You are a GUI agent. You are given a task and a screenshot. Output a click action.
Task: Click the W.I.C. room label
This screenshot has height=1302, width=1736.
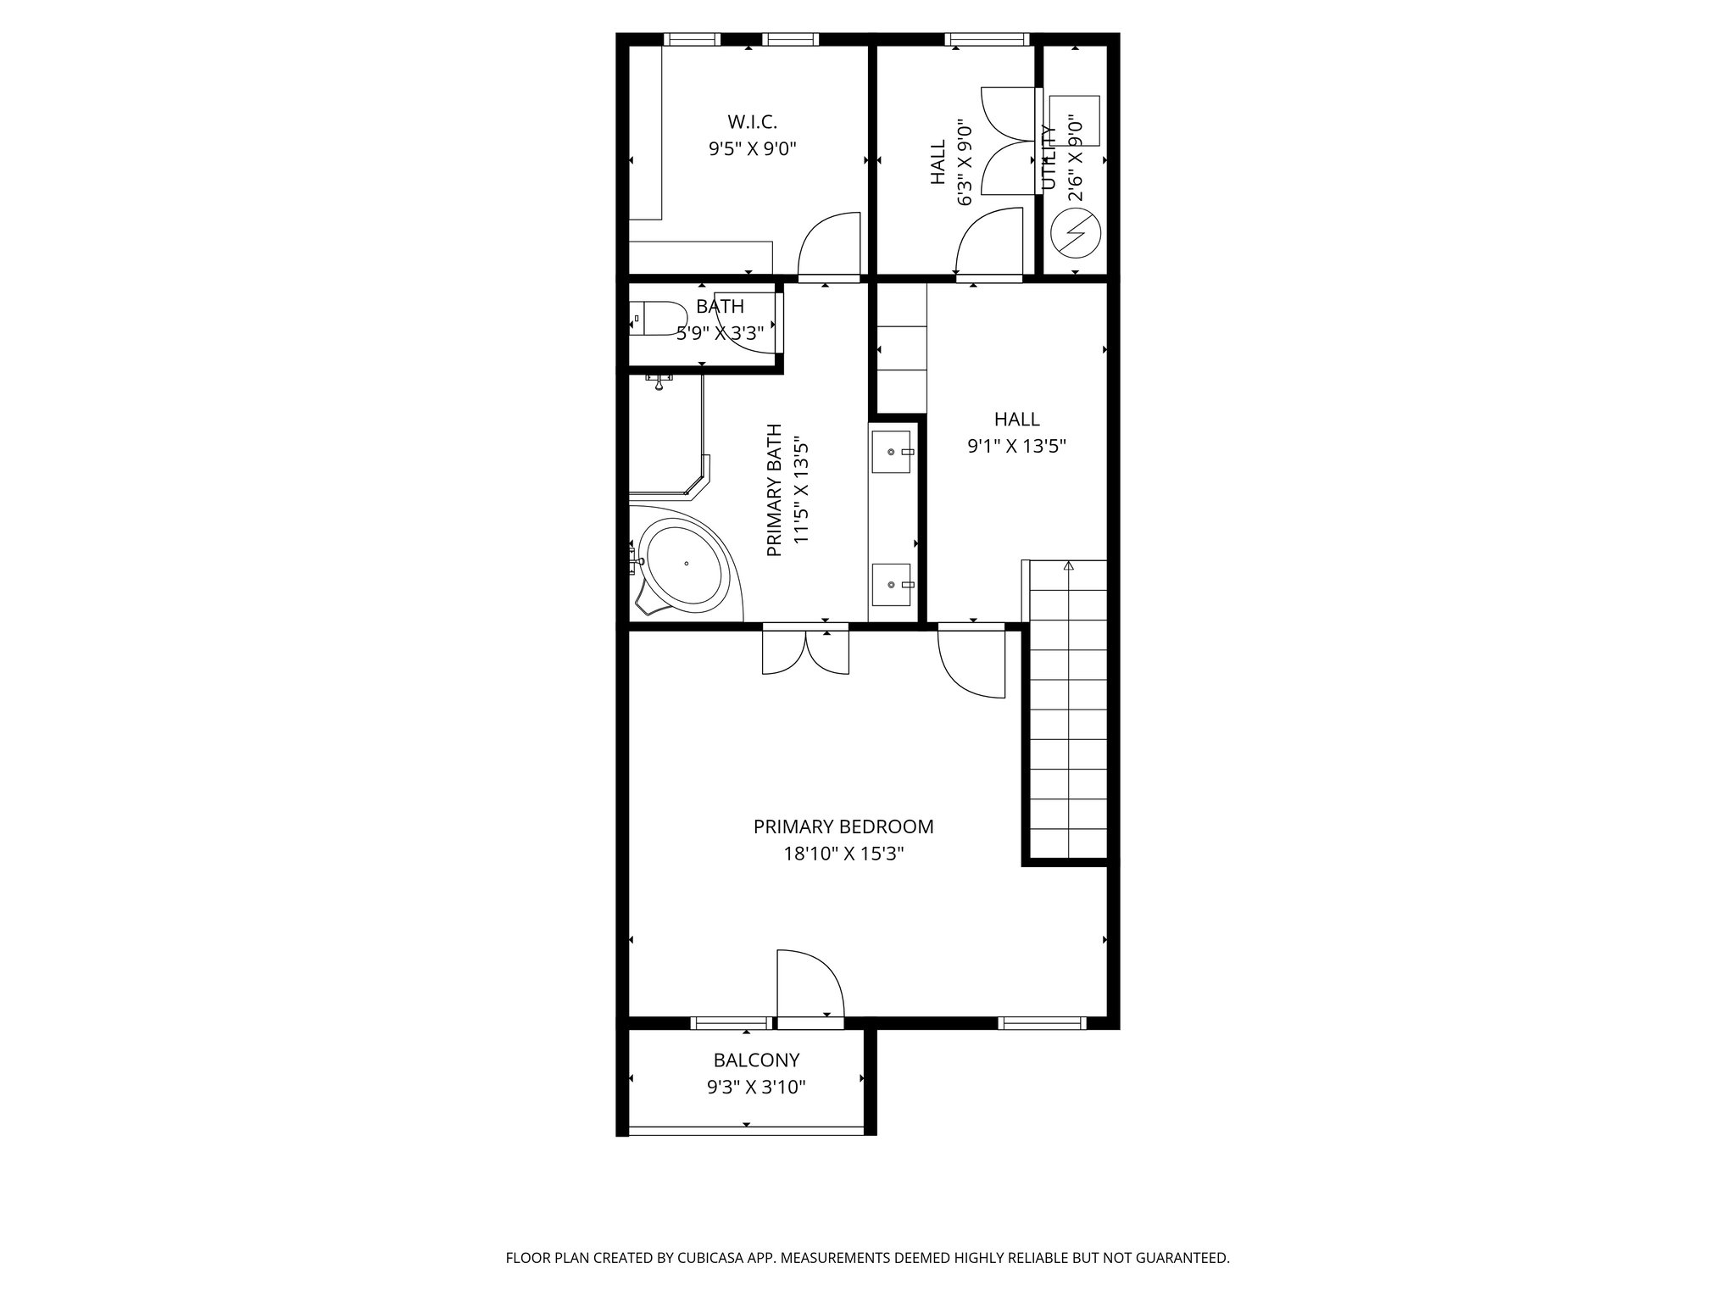coord(752,122)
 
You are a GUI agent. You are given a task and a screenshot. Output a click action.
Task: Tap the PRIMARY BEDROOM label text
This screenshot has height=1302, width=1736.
coord(843,826)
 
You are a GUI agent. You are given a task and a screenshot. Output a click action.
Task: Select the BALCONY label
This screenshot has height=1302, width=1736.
coord(756,1060)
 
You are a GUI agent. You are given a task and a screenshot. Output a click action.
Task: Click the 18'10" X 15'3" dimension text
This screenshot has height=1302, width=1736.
coord(843,854)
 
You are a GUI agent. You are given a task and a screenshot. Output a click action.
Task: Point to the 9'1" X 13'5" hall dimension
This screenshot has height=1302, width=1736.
coord(1016,446)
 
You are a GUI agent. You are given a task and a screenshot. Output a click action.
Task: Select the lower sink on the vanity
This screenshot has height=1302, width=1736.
coord(891,584)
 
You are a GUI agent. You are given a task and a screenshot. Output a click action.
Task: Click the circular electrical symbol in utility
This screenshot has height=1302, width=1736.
coord(1075,232)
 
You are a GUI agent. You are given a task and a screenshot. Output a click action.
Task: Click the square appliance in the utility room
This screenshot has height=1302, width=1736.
coord(1074,120)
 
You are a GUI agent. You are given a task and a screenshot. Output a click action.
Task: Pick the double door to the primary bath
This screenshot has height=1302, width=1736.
coord(805,651)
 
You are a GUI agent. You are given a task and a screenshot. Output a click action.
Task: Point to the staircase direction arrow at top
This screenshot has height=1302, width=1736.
coord(1068,565)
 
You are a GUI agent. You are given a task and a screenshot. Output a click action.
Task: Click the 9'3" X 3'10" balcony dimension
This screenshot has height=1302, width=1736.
coord(756,1087)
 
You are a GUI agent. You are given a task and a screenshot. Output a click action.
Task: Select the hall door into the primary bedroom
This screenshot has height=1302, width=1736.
coord(972,662)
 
